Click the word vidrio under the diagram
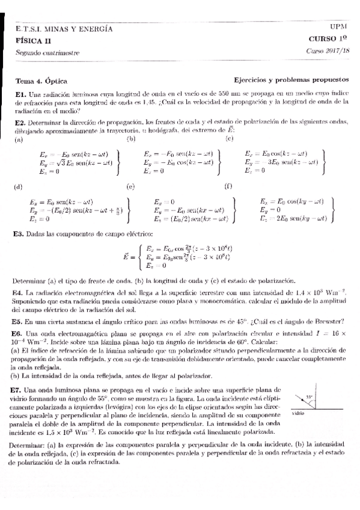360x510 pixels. tap(298, 414)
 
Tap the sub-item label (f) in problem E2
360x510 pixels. tap(228, 186)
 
